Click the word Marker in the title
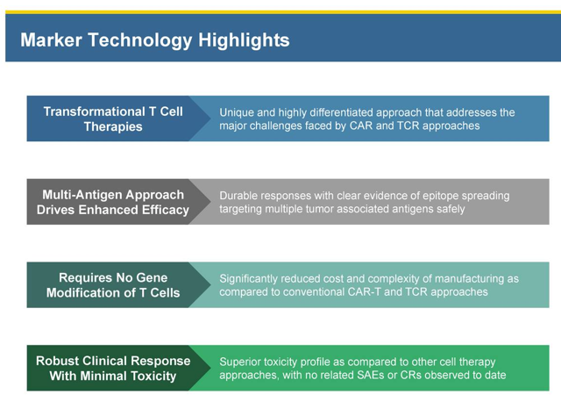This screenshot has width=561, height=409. pos(51,39)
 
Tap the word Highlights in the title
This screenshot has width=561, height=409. pos(244,40)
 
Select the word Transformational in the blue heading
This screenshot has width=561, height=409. pos(95,111)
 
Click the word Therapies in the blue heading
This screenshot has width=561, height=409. pos(113,126)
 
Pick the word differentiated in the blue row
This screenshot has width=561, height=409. pos(341,112)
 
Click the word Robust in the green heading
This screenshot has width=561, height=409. pos(54,361)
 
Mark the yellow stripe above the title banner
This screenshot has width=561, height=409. pos(283,12)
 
